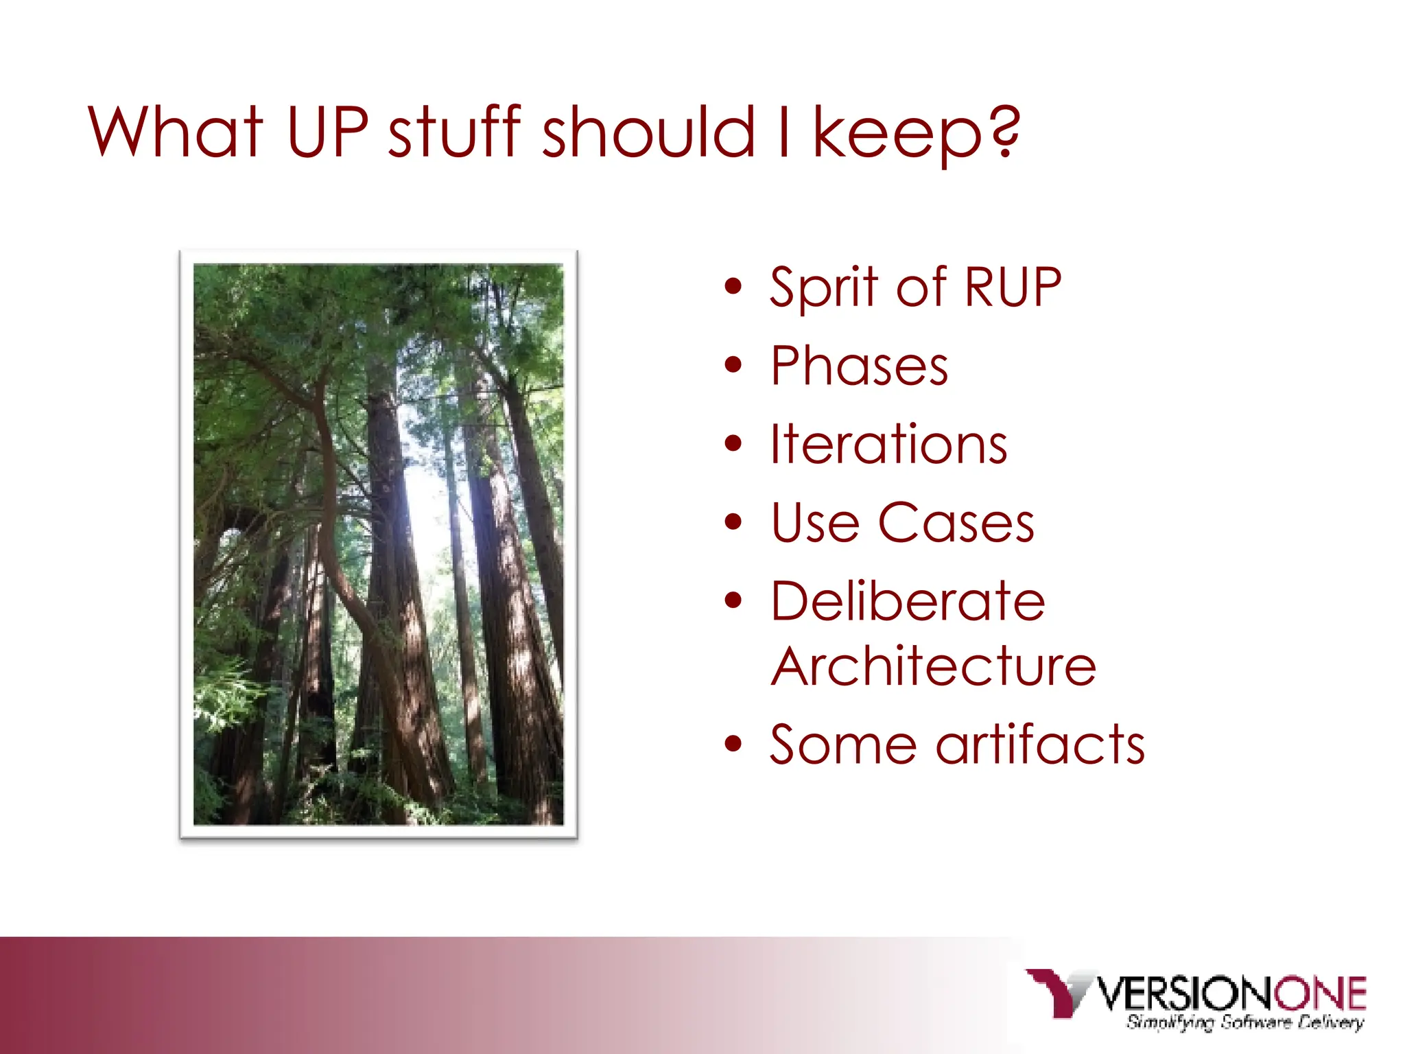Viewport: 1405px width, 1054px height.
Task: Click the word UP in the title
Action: [327, 132]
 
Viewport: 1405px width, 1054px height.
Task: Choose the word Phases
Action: [859, 366]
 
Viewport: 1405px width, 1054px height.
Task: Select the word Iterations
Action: [888, 445]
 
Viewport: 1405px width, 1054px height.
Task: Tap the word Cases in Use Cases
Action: [956, 523]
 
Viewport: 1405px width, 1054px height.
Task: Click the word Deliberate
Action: [907, 601]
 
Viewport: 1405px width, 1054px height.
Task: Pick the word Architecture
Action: [933, 666]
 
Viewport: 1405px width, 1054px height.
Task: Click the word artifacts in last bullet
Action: [1040, 745]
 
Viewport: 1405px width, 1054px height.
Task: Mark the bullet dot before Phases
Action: [733, 365]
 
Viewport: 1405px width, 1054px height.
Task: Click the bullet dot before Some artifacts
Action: [733, 743]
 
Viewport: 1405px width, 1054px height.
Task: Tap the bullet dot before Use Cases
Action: [733, 522]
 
